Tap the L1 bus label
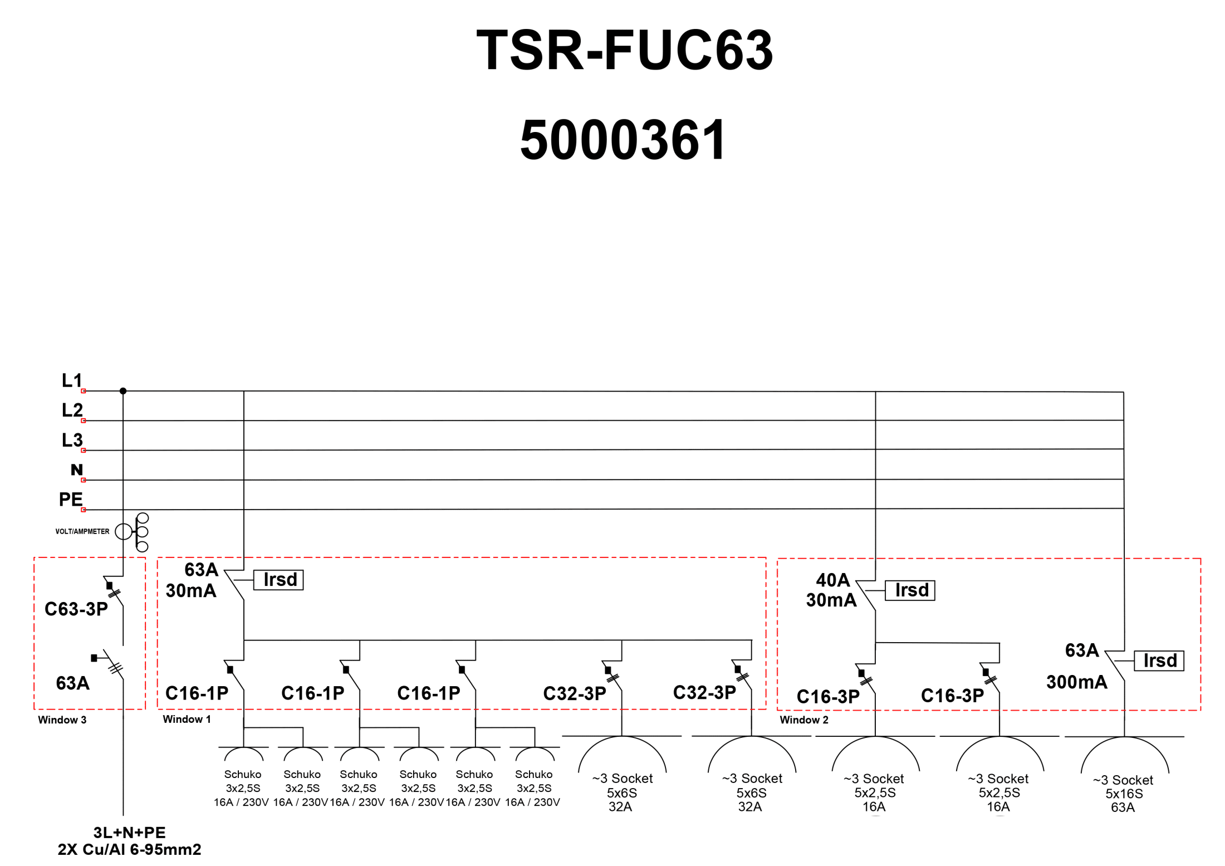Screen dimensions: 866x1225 [72, 380]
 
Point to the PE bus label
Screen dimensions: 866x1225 [71, 499]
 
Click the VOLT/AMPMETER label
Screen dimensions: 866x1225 [82, 531]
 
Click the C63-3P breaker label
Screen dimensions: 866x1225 [76, 609]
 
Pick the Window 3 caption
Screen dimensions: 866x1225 [62, 720]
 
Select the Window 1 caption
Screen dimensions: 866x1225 [187, 719]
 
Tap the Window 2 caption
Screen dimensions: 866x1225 [803, 720]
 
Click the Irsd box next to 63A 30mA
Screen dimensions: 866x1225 [278, 580]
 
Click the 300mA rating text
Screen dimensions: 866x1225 [1076, 682]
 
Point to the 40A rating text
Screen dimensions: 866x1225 [832, 580]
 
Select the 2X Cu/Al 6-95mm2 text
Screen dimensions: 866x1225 [129, 849]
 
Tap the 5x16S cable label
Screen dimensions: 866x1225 [1124, 794]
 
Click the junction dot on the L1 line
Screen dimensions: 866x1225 [123, 391]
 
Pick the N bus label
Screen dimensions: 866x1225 [76, 469]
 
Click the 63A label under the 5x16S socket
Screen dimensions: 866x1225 [1123, 808]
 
